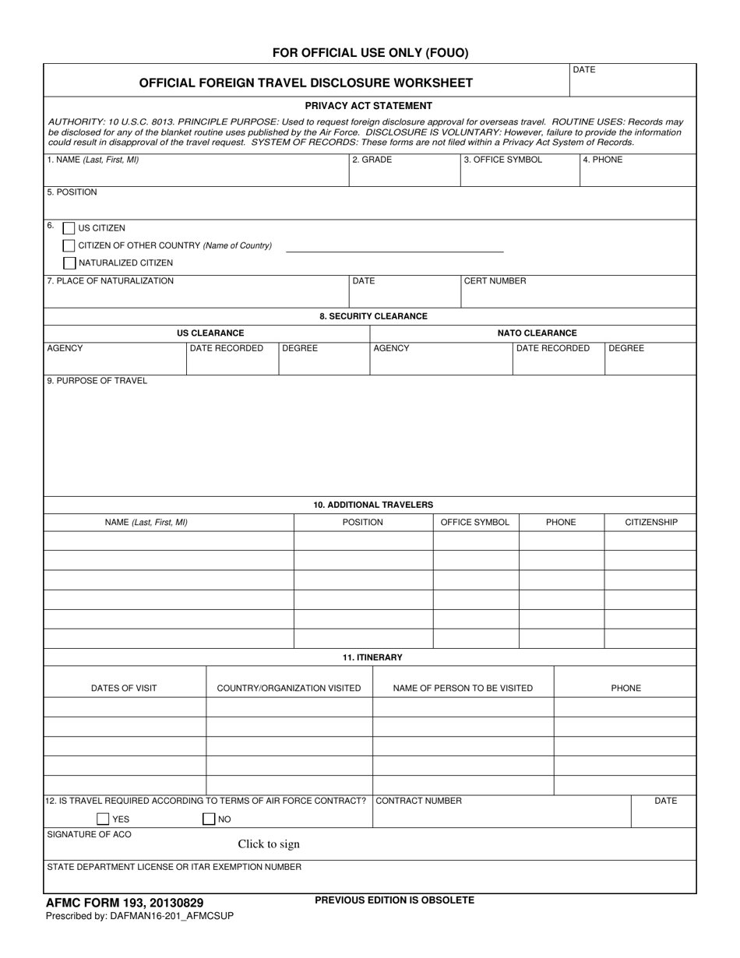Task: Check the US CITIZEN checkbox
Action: click(x=69, y=228)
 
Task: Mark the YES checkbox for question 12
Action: click(x=103, y=819)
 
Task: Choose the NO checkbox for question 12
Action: click(x=208, y=819)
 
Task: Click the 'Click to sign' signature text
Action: click(x=269, y=844)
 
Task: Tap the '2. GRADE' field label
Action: click(x=372, y=160)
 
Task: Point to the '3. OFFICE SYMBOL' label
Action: click(x=502, y=160)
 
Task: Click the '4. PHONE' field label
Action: click(x=603, y=160)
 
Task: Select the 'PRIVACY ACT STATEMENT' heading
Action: click(x=368, y=106)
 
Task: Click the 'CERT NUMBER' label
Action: click(x=495, y=281)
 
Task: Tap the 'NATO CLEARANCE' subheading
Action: click(x=537, y=333)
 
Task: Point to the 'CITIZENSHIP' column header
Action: click(x=651, y=522)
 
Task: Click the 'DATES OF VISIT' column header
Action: click(x=124, y=688)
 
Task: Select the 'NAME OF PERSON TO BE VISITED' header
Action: click(x=463, y=688)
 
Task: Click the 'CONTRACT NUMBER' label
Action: click(x=418, y=801)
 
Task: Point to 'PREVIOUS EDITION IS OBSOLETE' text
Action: click(x=394, y=900)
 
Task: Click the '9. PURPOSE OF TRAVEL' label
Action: click(x=97, y=381)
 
